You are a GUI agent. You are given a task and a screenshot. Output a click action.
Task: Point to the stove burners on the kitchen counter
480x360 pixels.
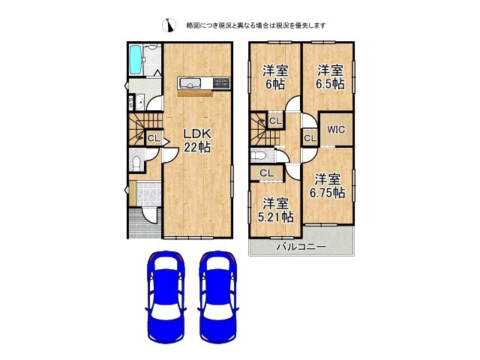point(220,82)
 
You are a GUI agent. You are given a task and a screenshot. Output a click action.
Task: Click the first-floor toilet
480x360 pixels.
point(136,163)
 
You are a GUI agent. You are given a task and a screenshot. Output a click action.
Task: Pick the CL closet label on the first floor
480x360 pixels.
point(153,138)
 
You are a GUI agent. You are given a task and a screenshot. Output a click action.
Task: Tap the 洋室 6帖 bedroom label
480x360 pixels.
point(274,77)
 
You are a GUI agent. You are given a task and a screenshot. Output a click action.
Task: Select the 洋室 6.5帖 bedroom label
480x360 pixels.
point(329,77)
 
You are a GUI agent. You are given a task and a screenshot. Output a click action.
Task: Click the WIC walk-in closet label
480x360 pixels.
point(335,127)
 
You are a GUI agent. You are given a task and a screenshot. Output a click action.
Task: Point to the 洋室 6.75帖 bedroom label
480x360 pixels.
point(328,186)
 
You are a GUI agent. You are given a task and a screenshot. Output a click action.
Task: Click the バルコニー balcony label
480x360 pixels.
point(300,246)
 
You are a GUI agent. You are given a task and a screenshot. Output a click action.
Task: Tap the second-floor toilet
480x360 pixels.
point(260,156)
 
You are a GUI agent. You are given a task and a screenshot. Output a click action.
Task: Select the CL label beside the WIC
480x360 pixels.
point(310,138)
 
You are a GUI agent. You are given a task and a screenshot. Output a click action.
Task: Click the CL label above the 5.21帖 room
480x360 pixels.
point(266,174)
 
